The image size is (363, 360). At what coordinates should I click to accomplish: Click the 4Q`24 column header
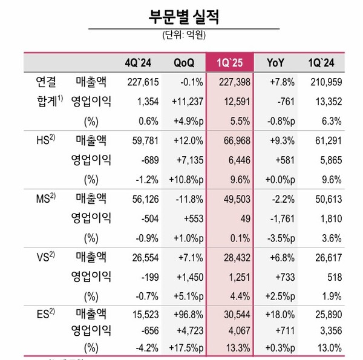(139, 63)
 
